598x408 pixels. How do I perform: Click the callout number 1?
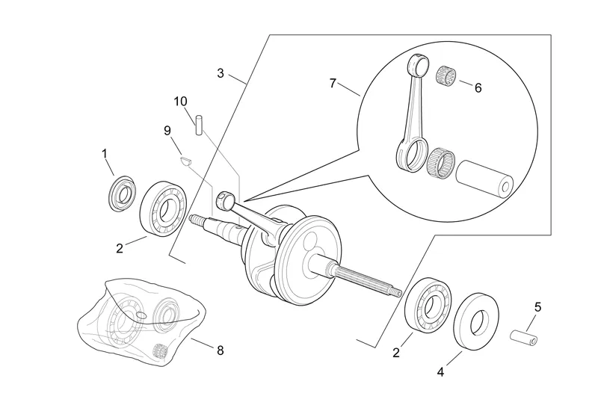pyautogui.click(x=105, y=154)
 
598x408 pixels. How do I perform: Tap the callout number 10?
pyautogui.click(x=181, y=102)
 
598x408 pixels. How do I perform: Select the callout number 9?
pyautogui.click(x=167, y=131)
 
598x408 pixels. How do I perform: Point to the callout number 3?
pyautogui.click(x=221, y=73)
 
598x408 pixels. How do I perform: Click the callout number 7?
pyautogui.click(x=333, y=83)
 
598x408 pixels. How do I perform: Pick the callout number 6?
pyautogui.click(x=478, y=88)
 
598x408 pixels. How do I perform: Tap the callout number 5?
pyautogui.click(x=537, y=307)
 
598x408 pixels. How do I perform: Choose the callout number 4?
pyautogui.click(x=440, y=372)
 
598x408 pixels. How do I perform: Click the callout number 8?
pyautogui.click(x=221, y=350)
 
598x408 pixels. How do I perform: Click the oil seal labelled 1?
pyautogui.click(x=122, y=194)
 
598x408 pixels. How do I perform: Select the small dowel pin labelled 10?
pyautogui.click(x=199, y=125)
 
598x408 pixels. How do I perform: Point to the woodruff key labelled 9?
pyautogui.click(x=185, y=161)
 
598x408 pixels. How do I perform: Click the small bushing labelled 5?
pyautogui.click(x=524, y=337)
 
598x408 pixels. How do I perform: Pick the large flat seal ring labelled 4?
pyautogui.click(x=476, y=322)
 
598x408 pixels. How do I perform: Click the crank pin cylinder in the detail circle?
pyautogui.click(x=485, y=179)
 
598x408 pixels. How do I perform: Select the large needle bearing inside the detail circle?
pyautogui.click(x=441, y=163)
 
